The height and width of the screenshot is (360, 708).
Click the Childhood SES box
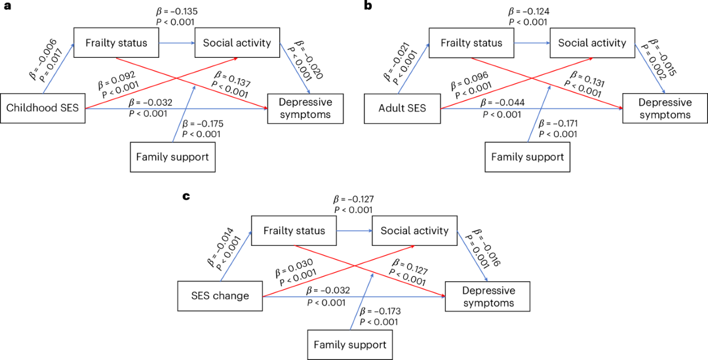point(43,108)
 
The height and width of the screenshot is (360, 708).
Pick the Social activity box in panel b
point(592,43)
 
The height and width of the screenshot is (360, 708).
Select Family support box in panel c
point(349,346)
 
